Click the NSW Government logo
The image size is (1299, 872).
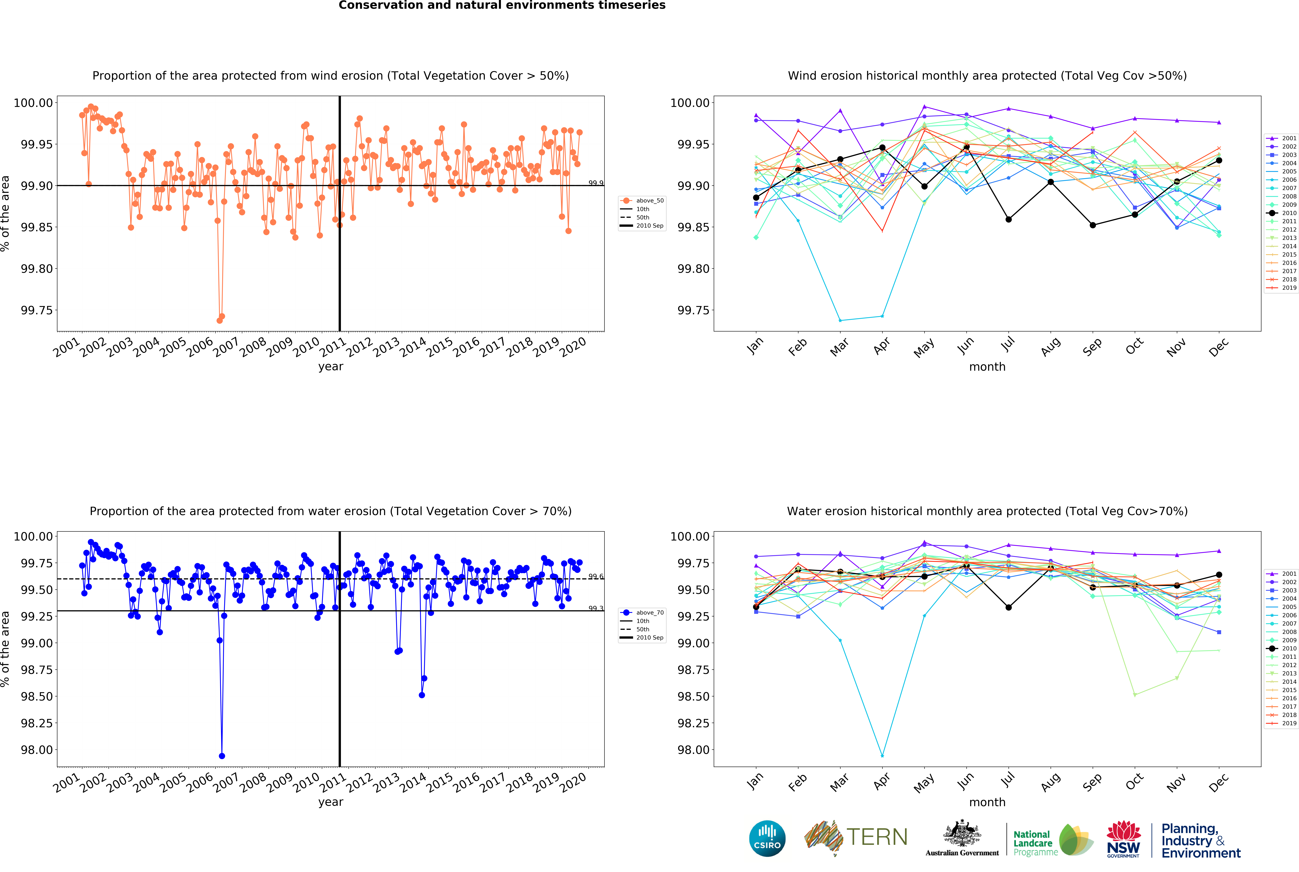click(x=1123, y=839)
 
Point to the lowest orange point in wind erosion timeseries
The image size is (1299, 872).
click(x=219, y=320)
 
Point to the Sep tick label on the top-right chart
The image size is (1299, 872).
click(x=1092, y=347)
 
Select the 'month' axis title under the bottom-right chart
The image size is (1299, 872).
click(x=987, y=802)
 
